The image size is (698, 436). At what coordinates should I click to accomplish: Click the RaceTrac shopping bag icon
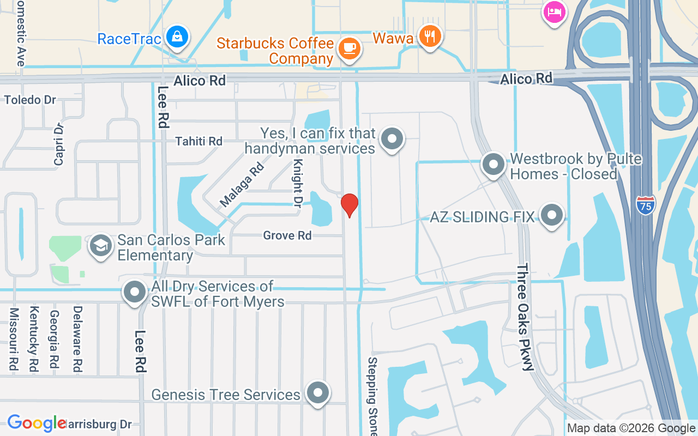point(177,37)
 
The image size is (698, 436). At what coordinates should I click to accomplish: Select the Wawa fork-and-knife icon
point(430,37)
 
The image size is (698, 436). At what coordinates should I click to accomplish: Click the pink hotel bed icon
point(554,11)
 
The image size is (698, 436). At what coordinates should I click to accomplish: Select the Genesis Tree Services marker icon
point(318,393)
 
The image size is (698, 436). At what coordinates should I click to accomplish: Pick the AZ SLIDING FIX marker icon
point(552,215)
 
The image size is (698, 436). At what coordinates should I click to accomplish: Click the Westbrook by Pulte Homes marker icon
point(494,164)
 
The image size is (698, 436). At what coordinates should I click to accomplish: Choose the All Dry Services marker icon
point(135,293)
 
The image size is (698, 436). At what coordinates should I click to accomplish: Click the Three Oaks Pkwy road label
point(525,317)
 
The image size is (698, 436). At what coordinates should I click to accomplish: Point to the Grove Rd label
point(287,235)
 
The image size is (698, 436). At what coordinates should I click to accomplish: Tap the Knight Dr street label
point(297,184)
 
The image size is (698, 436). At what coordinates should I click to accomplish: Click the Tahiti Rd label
point(198,141)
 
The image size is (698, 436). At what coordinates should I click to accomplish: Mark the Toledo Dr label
point(31,100)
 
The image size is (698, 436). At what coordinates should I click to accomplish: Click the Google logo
point(37,423)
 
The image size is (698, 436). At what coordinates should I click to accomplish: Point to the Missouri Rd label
point(14,340)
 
